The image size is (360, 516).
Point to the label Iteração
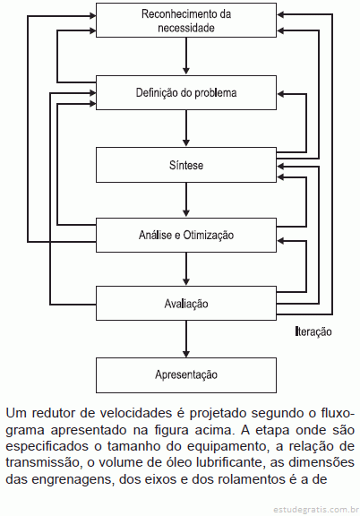[313, 331]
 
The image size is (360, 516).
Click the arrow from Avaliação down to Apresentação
[186, 339]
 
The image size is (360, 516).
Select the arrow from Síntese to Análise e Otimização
[186, 200]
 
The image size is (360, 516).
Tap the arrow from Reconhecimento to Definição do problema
[186, 56]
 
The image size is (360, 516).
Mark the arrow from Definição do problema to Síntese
[186, 128]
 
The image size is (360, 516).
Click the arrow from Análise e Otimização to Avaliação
[186, 269]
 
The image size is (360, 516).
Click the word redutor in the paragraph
[56, 413]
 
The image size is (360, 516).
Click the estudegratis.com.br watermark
[316, 510]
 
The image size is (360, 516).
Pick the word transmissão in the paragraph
[43, 462]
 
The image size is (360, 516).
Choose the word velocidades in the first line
[136, 413]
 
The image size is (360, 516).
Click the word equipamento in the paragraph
[227, 446]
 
